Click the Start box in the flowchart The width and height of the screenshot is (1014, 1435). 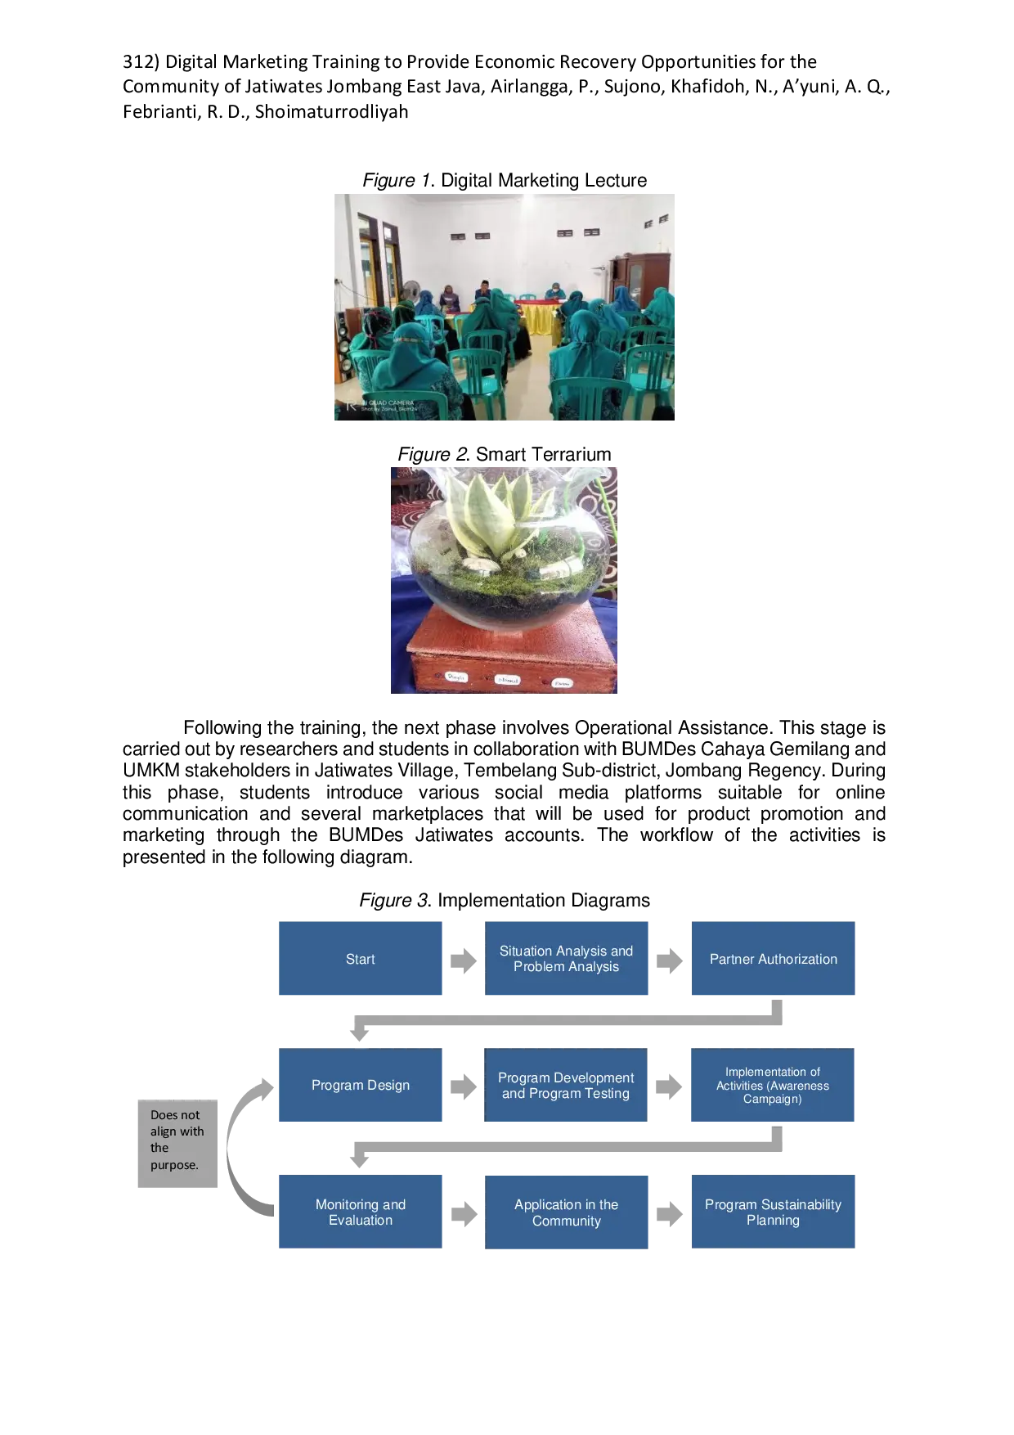click(x=360, y=959)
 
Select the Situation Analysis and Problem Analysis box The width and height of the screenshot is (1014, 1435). click(x=566, y=959)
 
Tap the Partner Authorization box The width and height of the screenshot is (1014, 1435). click(x=773, y=959)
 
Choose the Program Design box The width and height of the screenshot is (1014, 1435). click(x=360, y=1085)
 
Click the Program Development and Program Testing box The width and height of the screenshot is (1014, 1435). click(x=566, y=1085)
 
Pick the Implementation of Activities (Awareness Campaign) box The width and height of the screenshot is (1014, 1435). click(x=773, y=1085)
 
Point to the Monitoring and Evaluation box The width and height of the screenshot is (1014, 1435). click(x=360, y=1212)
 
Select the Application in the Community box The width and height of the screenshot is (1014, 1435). click(x=566, y=1212)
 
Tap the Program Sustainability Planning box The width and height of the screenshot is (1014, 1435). click(x=773, y=1212)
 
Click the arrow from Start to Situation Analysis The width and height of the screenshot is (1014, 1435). click(x=463, y=959)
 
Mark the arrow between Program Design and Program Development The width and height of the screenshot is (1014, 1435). click(x=463, y=1086)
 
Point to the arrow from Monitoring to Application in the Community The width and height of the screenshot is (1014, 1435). click(x=464, y=1213)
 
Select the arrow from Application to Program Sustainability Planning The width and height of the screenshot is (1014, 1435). click(x=670, y=1213)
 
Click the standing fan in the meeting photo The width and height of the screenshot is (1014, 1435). click(x=412, y=290)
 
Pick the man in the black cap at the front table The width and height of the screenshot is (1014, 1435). click(x=482, y=291)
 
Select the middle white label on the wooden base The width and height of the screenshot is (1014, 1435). click(x=507, y=680)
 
